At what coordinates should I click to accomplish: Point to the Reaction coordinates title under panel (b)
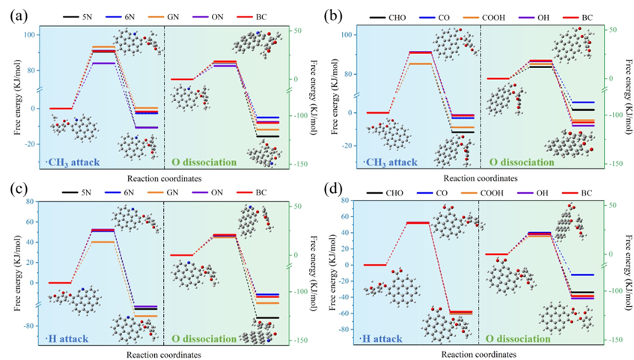point(480,179)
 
